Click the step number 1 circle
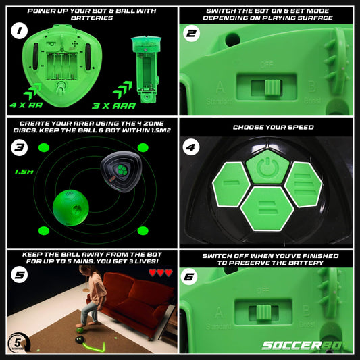click(20, 32)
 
